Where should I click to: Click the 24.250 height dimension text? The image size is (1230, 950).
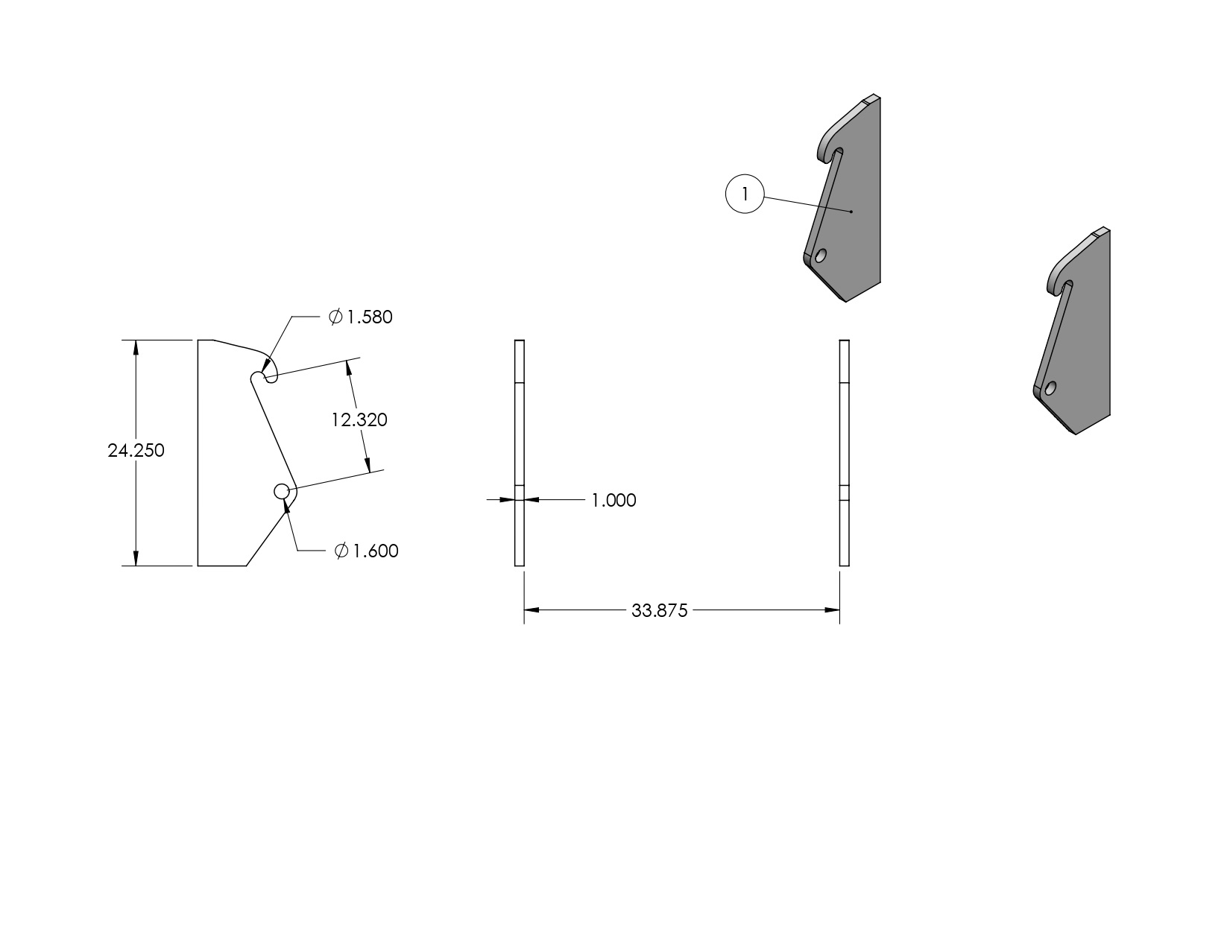[x=136, y=451]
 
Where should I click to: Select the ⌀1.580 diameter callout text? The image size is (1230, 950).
[x=361, y=317]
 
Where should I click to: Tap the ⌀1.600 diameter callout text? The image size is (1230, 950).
[x=367, y=551]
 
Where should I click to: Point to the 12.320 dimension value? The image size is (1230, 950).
[x=359, y=420]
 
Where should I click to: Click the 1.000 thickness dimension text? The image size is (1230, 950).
[x=614, y=501]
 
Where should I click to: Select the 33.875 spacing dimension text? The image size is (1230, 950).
[x=659, y=611]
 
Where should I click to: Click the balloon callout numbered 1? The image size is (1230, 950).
[x=745, y=194]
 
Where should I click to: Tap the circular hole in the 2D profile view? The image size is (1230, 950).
[x=282, y=491]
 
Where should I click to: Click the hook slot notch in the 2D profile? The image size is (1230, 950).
[x=262, y=377]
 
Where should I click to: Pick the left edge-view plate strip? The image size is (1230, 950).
[x=520, y=452]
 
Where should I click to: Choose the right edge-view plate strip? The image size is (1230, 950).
[x=845, y=452]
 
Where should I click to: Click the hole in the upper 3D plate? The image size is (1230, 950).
[x=821, y=256]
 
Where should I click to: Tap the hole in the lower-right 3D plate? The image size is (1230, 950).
[x=1050, y=388]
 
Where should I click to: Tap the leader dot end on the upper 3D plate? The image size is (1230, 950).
[x=851, y=212]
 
